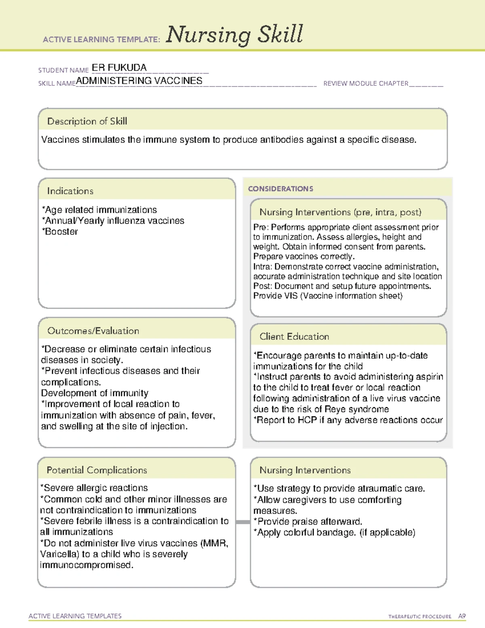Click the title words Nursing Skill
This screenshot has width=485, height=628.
coord(234,35)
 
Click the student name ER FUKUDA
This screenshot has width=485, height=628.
coord(119,68)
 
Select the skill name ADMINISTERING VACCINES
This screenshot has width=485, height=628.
coord(139,81)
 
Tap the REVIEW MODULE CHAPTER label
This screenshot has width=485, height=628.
coord(366,83)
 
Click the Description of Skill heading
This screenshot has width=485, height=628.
coord(87,121)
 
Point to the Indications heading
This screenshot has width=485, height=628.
coord(70,191)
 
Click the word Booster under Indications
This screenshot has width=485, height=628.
coord(61,232)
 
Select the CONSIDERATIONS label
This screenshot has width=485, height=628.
coord(280,189)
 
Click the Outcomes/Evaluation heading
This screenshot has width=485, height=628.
coord(93,331)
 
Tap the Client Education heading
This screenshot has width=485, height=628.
coord(294,336)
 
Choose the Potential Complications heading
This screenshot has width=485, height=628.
coord(97,470)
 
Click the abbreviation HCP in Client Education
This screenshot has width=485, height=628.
coord(307,420)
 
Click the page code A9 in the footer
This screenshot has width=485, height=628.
coord(462,616)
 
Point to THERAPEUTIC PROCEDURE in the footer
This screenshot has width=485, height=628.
coord(420,617)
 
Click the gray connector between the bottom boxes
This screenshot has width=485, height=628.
coord(243,522)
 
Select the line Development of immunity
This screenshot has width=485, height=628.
coord(95,393)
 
